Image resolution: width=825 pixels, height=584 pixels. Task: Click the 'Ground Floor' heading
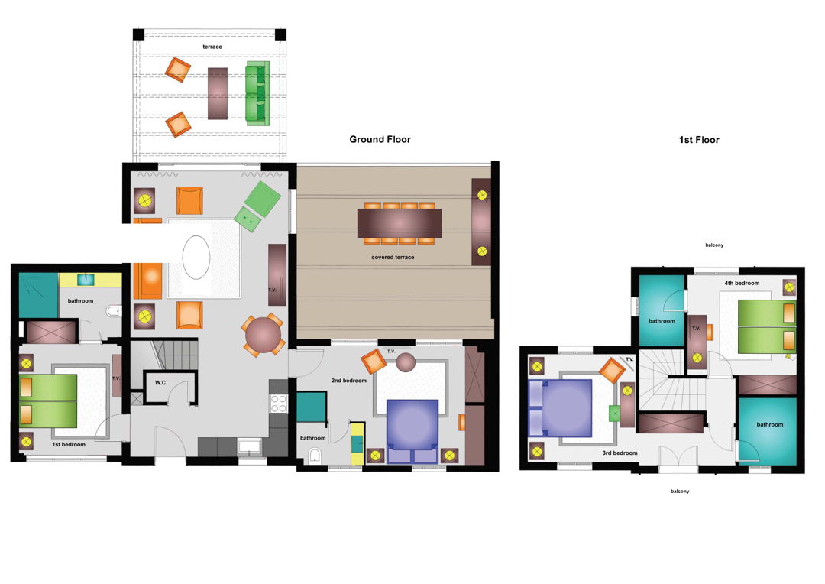pyautogui.click(x=380, y=140)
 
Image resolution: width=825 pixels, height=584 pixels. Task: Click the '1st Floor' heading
pyautogui.click(x=699, y=140)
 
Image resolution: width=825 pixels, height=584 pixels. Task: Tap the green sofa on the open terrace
pyautogui.click(x=258, y=93)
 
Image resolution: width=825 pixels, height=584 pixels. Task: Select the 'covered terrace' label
pyautogui.click(x=393, y=258)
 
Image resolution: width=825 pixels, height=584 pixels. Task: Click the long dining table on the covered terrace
pyautogui.click(x=400, y=223)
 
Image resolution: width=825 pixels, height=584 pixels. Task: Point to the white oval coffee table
pyautogui.click(x=196, y=257)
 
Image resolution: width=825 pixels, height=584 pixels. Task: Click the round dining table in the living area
pyautogui.click(x=263, y=336)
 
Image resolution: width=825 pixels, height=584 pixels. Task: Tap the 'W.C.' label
pyautogui.click(x=161, y=383)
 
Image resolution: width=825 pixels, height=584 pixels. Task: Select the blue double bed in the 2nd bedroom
pyautogui.click(x=412, y=431)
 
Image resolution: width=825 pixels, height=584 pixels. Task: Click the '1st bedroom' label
pyautogui.click(x=69, y=444)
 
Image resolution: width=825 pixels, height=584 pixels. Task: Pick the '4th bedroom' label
pyautogui.click(x=742, y=284)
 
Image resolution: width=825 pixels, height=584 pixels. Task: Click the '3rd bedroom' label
pyautogui.click(x=620, y=453)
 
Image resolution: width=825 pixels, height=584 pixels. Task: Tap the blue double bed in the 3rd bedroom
pyautogui.click(x=560, y=408)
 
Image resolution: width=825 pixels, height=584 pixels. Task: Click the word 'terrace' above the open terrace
pyautogui.click(x=212, y=47)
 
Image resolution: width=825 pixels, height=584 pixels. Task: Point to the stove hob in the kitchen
pyautogui.click(x=278, y=404)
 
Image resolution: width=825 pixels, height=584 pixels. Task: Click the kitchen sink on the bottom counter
pyautogui.click(x=249, y=447)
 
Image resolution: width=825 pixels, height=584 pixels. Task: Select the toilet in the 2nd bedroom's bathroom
pyautogui.click(x=314, y=456)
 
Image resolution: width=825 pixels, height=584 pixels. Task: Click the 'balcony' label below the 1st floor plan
pyautogui.click(x=680, y=492)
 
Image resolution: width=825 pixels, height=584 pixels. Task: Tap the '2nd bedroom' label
pyautogui.click(x=349, y=381)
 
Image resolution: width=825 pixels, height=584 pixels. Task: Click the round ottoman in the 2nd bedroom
pyautogui.click(x=406, y=362)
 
